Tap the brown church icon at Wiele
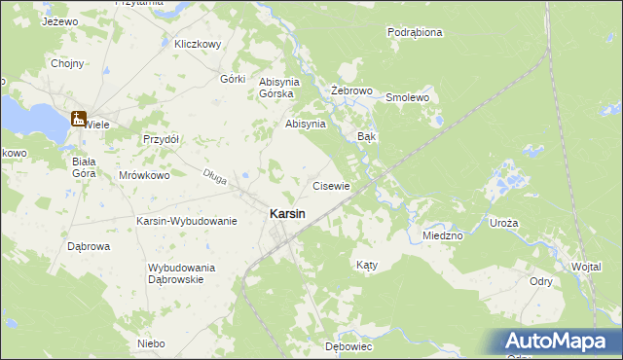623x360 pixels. (78, 119)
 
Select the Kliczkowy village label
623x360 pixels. (198, 44)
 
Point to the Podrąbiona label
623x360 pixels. (415, 32)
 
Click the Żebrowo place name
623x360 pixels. (352, 90)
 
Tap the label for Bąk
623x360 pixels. (367, 137)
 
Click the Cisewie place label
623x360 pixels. (330, 185)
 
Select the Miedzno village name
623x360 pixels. (442, 235)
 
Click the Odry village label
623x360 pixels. (541, 281)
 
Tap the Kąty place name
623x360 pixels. (366, 265)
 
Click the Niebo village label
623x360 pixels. (151, 343)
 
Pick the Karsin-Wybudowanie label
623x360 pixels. (187, 221)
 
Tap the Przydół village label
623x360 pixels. (162, 139)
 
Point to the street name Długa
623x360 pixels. (214, 175)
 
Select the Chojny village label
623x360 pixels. (67, 64)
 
